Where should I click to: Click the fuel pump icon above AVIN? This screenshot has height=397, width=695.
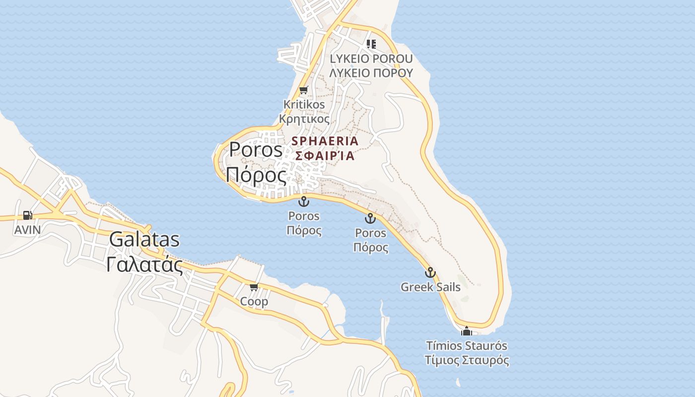(x=27, y=215)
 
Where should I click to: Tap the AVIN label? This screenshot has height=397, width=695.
(x=27, y=230)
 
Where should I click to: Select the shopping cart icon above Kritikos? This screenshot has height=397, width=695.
(x=303, y=90)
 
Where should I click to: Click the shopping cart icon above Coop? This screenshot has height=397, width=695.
(x=254, y=287)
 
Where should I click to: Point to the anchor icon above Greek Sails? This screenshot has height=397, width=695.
(x=430, y=272)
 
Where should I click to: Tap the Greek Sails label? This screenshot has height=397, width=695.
(x=430, y=287)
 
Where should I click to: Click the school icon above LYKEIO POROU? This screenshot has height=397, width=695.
(x=371, y=44)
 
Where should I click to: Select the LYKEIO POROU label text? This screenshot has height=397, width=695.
(x=371, y=59)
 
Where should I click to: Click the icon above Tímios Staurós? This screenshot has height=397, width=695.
(x=467, y=331)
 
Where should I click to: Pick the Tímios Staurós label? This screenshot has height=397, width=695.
(x=467, y=345)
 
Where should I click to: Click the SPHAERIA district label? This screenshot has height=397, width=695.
(x=325, y=141)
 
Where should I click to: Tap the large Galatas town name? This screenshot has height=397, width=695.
(x=144, y=240)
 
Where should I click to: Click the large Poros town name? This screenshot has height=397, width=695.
(x=256, y=150)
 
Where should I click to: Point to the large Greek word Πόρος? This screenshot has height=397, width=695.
(x=256, y=175)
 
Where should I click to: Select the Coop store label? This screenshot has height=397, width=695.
(x=254, y=301)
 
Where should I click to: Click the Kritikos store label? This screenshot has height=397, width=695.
(x=304, y=105)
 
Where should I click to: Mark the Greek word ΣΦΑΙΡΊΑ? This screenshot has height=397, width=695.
(x=325, y=155)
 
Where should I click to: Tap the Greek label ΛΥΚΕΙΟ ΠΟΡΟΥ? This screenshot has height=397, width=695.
(x=371, y=73)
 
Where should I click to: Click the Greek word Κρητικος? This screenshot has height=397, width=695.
(x=304, y=119)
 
